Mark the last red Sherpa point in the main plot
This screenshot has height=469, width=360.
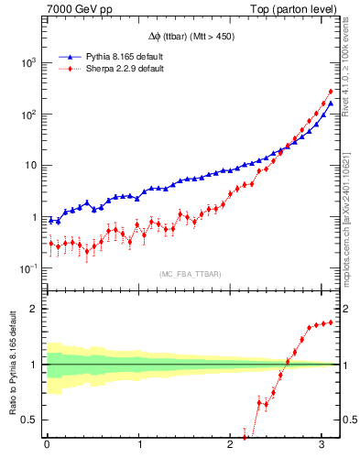(x=330, y=91)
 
